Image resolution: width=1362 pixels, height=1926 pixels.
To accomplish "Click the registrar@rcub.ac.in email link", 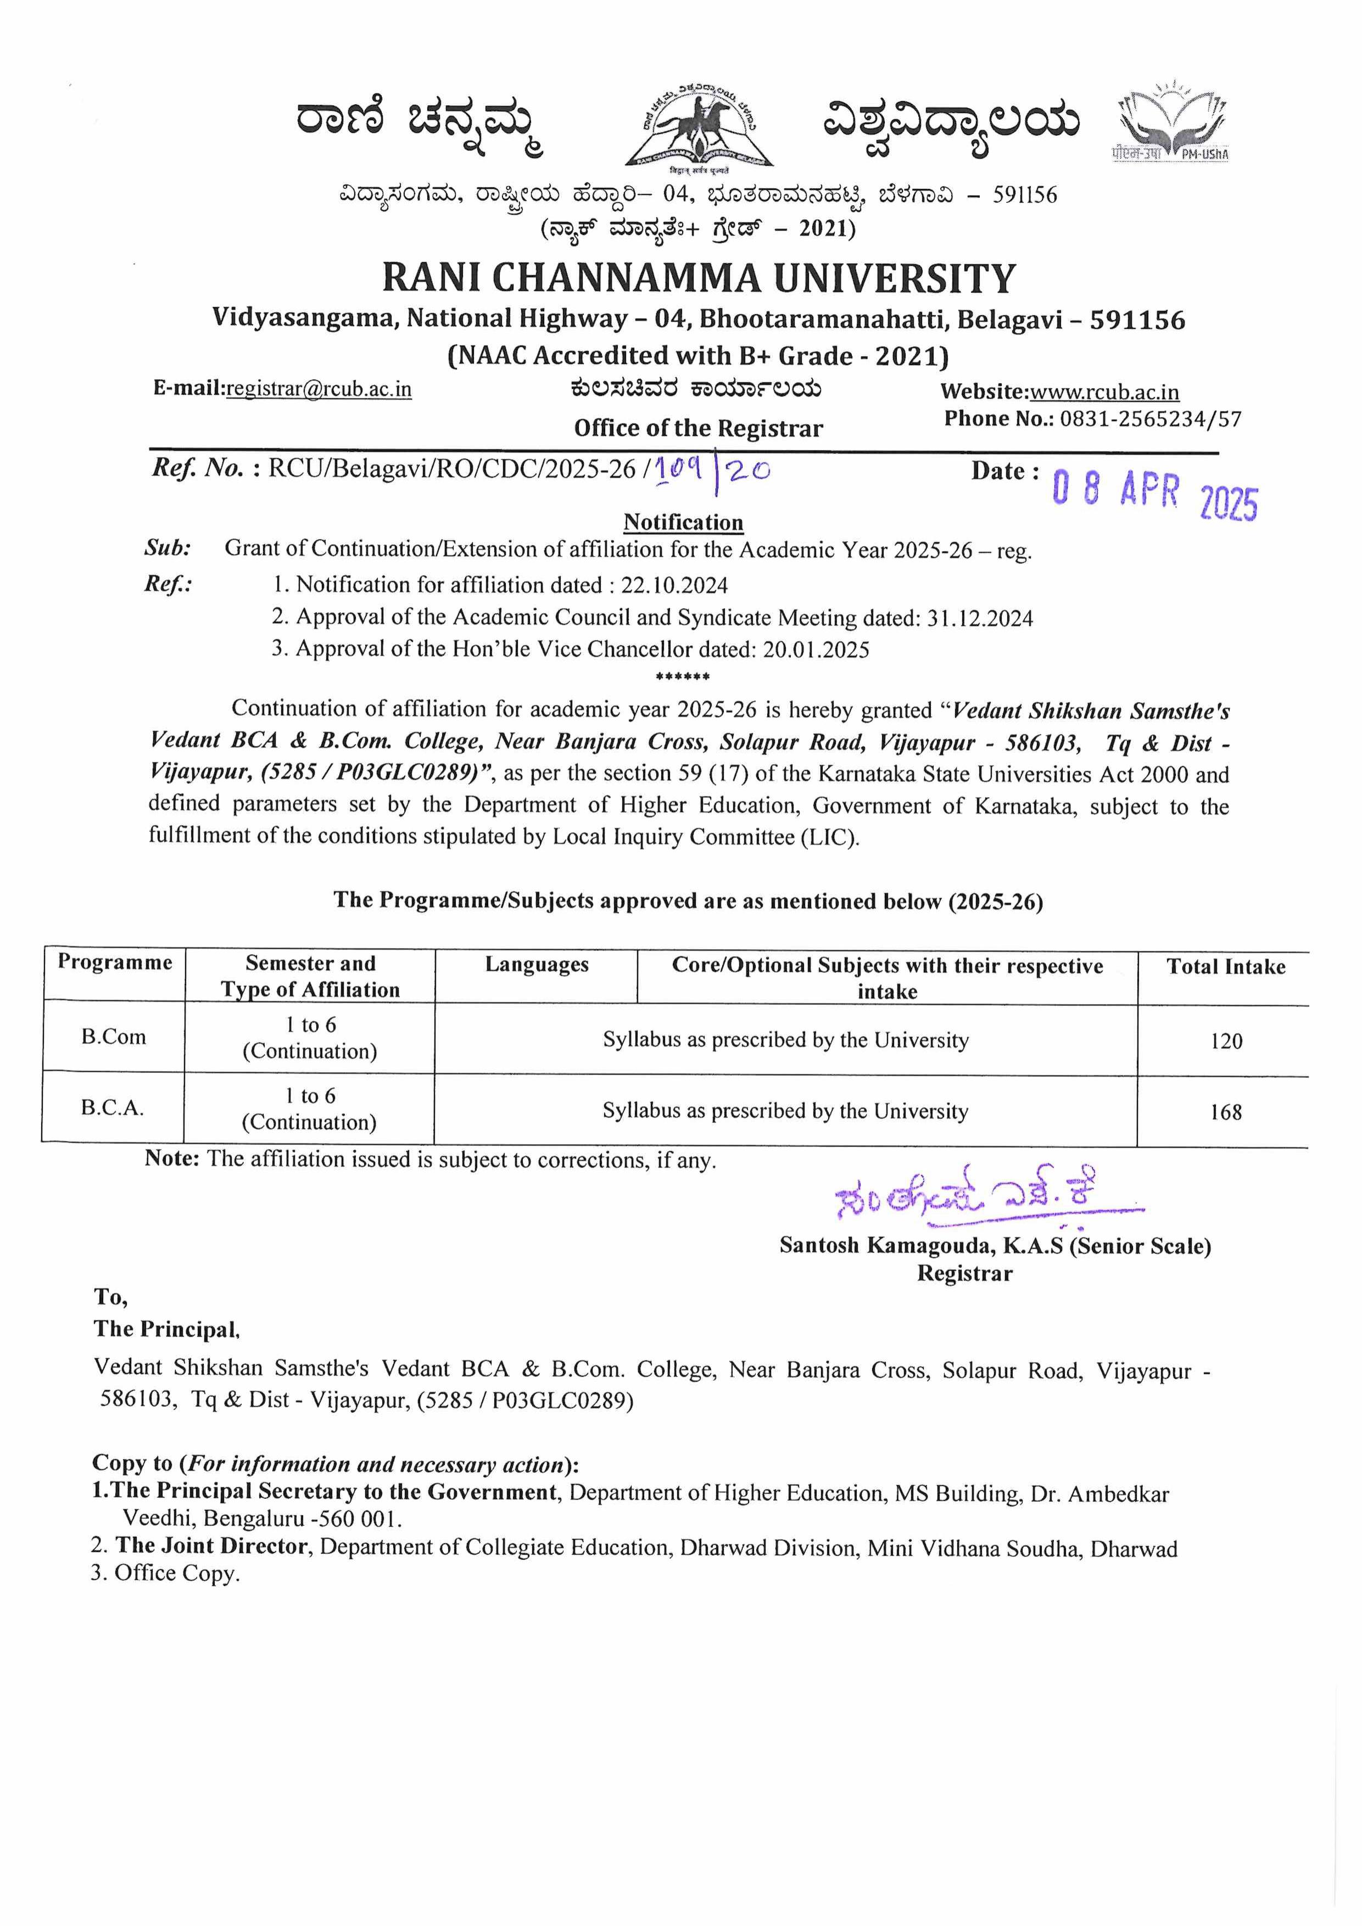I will (x=319, y=389).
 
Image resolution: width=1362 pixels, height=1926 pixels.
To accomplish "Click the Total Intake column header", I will (x=1225, y=966).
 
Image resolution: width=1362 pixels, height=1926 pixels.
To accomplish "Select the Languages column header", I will (x=536, y=965).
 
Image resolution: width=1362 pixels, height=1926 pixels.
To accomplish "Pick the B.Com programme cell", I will (x=113, y=1037).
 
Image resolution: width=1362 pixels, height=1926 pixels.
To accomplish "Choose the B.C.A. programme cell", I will (x=113, y=1107).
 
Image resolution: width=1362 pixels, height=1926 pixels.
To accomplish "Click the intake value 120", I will (x=1225, y=1041).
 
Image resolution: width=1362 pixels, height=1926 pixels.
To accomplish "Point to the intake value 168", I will (x=1225, y=1112).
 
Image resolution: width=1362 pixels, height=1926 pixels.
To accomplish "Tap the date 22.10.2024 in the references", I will (x=674, y=585).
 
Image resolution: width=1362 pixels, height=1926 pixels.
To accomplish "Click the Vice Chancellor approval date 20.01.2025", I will (x=816, y=650).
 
